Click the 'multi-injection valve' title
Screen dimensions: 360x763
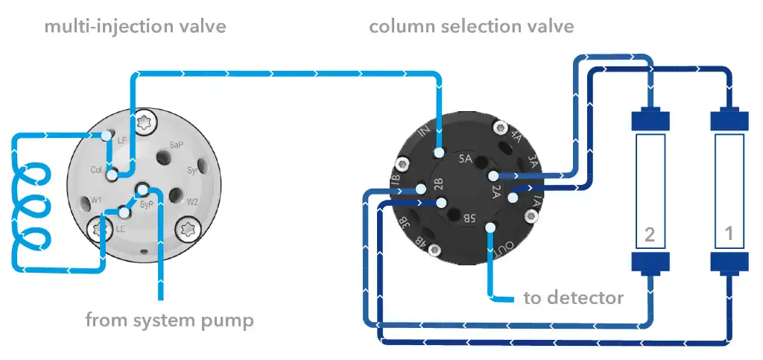[135, 28]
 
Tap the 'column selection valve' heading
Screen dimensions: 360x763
[471, 28]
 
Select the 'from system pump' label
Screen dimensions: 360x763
[169, 320]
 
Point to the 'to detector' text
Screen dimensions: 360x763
[573, 298]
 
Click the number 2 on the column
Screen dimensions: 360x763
[649, 235]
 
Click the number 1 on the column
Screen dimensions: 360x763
[729, 235]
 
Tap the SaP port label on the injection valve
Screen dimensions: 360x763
[177, 144]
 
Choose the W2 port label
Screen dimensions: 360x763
[192, 201]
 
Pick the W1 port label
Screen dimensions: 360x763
[96, 200]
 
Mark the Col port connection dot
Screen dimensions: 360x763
[112, 174]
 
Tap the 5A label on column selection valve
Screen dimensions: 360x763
[466, 158]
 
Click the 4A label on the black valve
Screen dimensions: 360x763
[513, 138]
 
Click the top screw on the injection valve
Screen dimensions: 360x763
[144, 120]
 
